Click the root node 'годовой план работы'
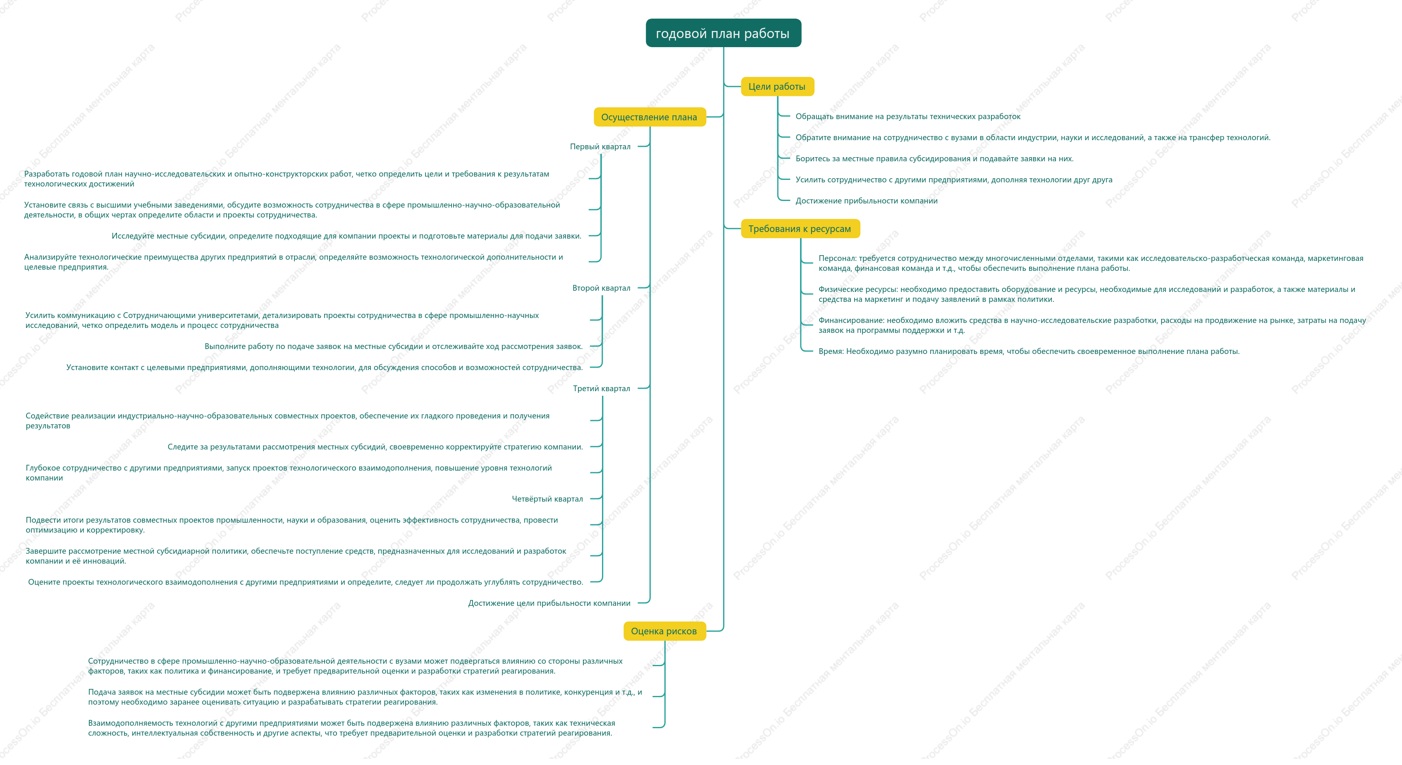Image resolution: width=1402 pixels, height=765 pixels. click(x=723, y=33)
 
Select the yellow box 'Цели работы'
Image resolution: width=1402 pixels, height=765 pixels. click(x=777, y=86)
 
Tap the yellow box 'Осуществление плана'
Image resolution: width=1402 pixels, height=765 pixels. click(x=649, y=117)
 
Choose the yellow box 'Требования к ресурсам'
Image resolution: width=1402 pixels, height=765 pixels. click(x=800, y=229)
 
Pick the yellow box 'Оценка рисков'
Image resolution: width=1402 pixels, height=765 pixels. click(x=664, y=631)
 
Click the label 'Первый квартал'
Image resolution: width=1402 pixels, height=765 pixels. click(x=600, y=146)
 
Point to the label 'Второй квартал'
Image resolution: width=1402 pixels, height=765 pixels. click(x=602, y=288)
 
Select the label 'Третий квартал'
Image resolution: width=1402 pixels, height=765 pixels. click(x=602, y=388)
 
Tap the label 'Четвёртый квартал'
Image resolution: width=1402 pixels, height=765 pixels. click(x=547, y=499)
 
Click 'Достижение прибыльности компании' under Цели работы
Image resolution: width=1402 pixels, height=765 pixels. click(x=867, y=201)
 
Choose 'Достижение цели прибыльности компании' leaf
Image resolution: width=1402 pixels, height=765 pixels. click(x=549, y=603)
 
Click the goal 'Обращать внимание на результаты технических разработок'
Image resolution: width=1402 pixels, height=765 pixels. click(x=908, y=117)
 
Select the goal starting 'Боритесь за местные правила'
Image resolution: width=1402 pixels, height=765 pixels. click(x=934, y=159)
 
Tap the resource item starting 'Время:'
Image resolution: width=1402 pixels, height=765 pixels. click(x=1029, y=351)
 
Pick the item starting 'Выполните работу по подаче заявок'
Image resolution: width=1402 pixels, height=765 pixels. click(x=394, y=346)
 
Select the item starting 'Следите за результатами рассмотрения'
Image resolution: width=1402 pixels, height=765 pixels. click(x=375, y=447)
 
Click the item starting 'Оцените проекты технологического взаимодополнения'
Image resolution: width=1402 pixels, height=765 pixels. click(x=305, y=582)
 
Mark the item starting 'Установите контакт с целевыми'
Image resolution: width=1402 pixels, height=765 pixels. click(x=325, y=368)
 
